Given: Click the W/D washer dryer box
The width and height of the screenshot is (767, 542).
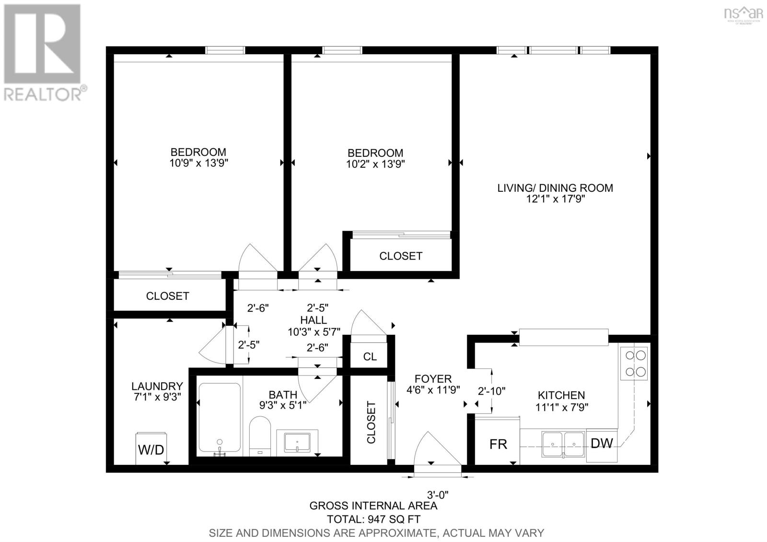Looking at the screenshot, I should pos(151,449).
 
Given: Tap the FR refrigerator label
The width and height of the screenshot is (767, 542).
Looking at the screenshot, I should pos(498,444).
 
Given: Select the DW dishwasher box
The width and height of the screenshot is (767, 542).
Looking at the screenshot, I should pos(602,444).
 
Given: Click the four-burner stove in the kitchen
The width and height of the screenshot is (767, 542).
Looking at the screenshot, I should pos(634,364).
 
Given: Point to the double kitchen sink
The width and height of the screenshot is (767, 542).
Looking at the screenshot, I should pos(563,444).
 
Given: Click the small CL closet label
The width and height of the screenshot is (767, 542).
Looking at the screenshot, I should pos(370,356).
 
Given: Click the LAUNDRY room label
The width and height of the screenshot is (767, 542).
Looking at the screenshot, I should pos(157,386).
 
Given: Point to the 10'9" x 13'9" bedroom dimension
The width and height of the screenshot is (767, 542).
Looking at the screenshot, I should pos(198,163).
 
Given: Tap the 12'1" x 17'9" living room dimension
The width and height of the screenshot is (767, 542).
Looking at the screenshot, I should pos(555,199).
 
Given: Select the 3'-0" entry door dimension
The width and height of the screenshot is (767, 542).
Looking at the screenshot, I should pos(437,494).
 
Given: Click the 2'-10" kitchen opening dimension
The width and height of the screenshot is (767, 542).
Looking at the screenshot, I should pos(492,391).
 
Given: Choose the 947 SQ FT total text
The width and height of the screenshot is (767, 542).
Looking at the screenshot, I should pos(373,519).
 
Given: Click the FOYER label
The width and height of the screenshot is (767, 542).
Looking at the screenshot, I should pos(433,379).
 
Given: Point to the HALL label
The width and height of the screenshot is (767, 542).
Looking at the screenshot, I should pos(314,320).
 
